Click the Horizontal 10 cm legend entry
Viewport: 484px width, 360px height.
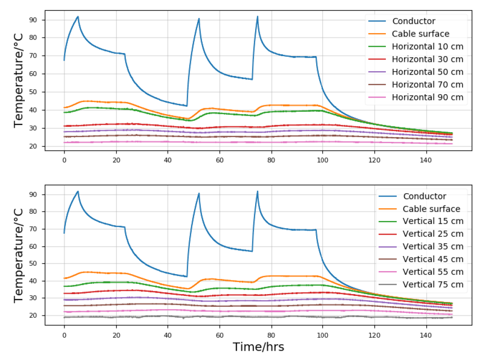coord(427,47)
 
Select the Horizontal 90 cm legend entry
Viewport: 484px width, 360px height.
coord(427,98)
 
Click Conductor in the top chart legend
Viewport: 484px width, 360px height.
coord(414,21)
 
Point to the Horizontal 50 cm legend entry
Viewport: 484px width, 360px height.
coord(427,72)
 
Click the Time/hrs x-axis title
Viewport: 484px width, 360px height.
coord(258,347)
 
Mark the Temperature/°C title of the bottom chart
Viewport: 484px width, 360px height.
coord(19,255)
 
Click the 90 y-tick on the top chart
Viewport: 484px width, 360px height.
coord(35,20)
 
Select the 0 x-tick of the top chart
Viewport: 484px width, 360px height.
coord(64,158)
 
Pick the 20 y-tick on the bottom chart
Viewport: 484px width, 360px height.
coord(35,316)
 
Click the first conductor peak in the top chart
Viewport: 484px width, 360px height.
coord(78,17)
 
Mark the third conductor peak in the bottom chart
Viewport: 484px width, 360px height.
coord(257,191)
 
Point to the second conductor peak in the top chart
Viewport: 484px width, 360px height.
coord(199,19)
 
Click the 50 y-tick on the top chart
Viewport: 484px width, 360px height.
coord(35,92)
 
